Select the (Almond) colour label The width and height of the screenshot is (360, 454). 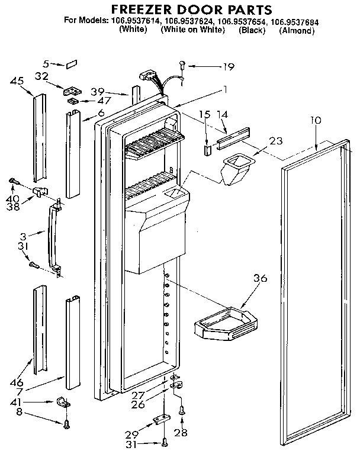(x=296, y=30)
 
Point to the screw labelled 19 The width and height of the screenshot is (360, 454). (x=182, y=66)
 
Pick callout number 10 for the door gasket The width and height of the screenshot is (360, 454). (x=316, y=120)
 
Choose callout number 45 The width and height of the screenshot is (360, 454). (x=17, y=82)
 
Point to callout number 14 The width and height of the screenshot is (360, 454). (x=222, y=114)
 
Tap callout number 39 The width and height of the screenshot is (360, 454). (x=98, y=91)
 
